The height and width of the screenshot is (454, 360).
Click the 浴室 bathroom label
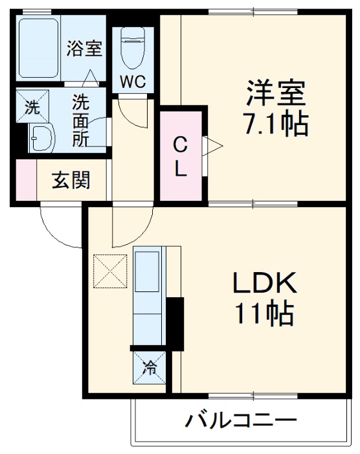84,49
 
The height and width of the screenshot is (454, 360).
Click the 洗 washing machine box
31,108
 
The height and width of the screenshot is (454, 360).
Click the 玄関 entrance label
71,181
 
